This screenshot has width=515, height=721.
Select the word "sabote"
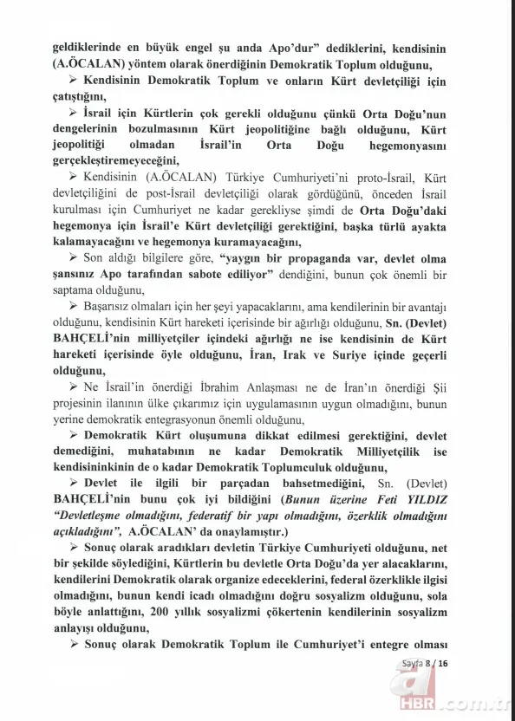pyautogui.click(x=227, y=275)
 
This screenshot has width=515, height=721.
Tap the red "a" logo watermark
pyautogui.click(x=393, y=679)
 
